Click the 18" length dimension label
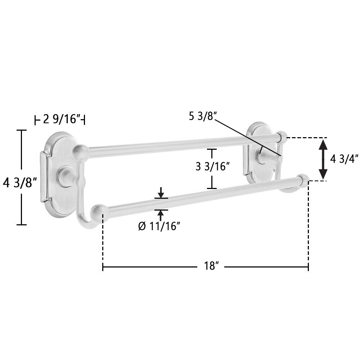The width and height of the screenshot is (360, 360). pyautogui.click(x=211, y=266)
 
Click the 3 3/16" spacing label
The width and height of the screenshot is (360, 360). pyautogui.click(x=213, y=166)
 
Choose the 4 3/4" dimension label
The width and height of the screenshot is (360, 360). pyautogui.click(x=344, y=159)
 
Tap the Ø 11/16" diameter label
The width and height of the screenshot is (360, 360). pyautogui.click(x=159, y=226)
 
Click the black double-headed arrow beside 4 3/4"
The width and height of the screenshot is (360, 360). pyautogui.click(x=323, y=159)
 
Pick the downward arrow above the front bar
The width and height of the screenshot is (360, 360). pyautogui.click(x=161, y=192)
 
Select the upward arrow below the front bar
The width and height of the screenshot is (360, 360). pyautogui.click(x=161, y=215)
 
